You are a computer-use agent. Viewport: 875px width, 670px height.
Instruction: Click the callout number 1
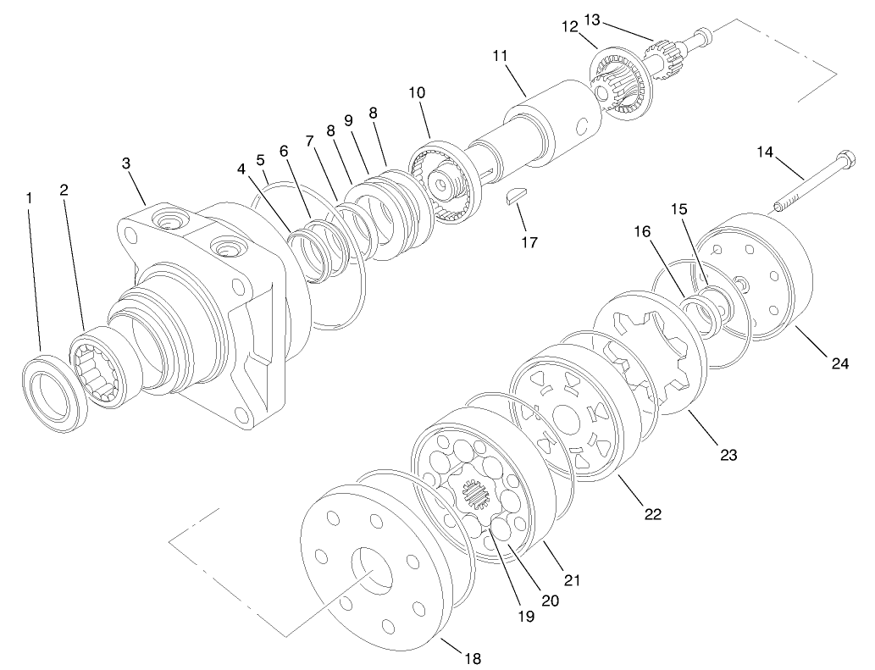(30, 197)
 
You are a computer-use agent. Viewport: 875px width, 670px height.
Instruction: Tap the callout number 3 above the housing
(126, 163)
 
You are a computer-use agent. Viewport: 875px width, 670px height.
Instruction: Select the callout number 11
(500, 56)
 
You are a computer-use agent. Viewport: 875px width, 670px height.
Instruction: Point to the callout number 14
(765, 152)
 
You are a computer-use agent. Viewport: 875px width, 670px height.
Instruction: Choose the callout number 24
(839, 363)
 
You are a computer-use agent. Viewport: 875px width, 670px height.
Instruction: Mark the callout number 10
(417, 91)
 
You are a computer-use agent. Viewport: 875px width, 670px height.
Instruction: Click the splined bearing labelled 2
(97, 369)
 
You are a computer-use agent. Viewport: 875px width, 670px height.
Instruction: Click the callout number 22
(652, 513)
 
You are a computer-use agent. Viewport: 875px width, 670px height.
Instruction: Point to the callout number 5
(260, 158)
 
